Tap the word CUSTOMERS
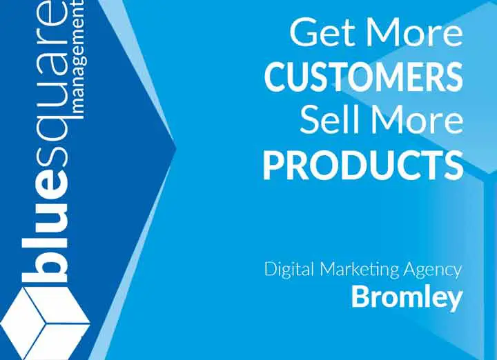coord(363,77)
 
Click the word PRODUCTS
coord(363,165)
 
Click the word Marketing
coord(359,270)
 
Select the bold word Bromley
coord(407,298)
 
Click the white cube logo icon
coord(45,323)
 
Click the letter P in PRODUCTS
coord(275,166)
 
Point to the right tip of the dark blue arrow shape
coord(175,148)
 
